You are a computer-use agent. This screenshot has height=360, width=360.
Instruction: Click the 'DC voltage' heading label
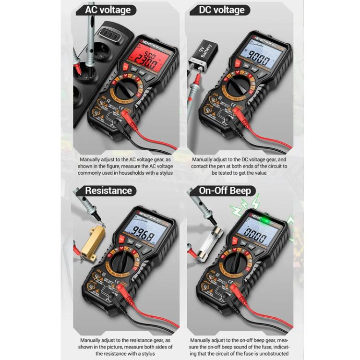(x=221, y=10)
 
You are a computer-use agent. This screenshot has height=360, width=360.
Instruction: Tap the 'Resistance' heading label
(x=108, y=191)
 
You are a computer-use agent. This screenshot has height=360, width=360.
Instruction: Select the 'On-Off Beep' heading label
(x=225, y=191)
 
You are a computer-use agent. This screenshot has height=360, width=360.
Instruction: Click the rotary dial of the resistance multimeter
(x=129, y=267)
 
